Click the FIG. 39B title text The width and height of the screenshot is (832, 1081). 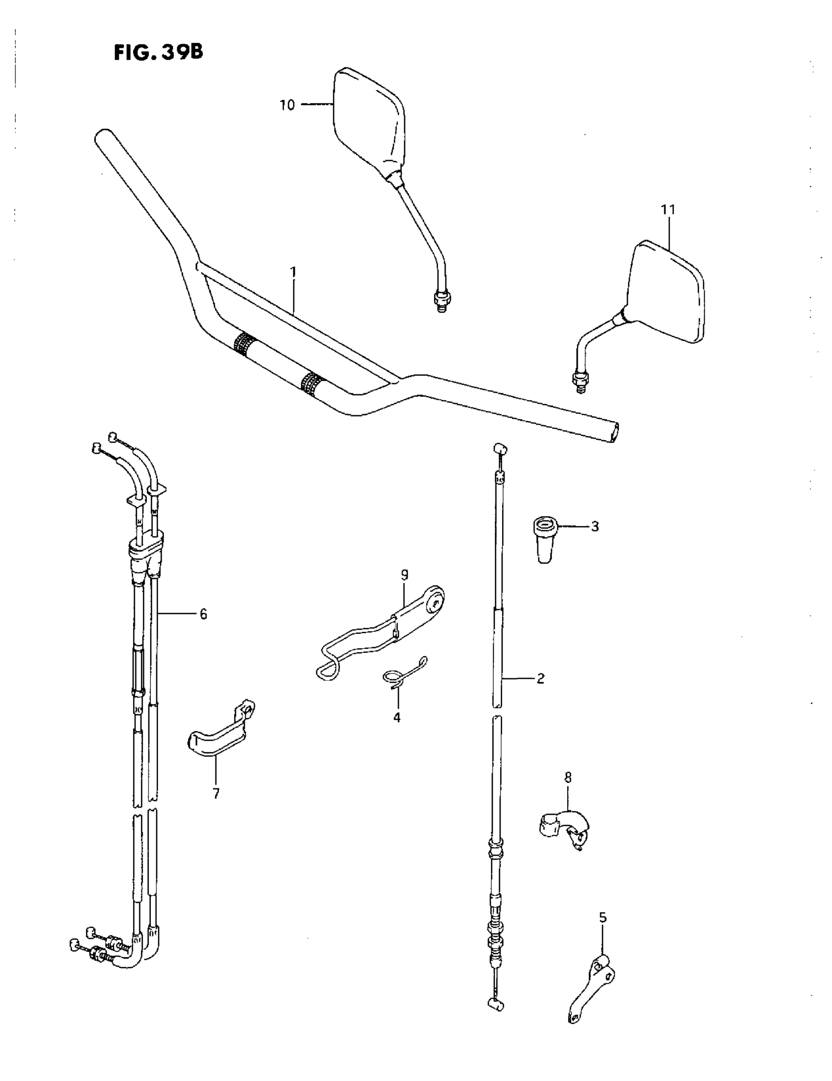158,52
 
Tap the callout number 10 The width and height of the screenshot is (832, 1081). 287,105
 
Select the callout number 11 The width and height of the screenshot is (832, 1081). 668,210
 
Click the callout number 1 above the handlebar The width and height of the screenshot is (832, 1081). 293,272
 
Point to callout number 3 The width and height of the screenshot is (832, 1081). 595,527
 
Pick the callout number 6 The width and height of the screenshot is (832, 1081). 203,614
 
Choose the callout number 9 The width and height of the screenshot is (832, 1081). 405,575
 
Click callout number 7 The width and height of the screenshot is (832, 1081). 216,793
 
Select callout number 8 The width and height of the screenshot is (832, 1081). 567,778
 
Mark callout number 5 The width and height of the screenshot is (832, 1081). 602,917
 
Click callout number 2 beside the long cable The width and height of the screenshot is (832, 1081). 540,678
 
